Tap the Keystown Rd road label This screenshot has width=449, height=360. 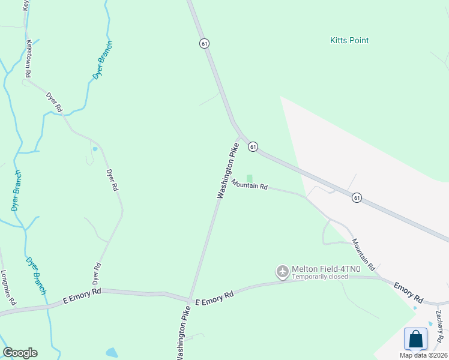28,58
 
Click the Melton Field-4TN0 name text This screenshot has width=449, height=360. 326,269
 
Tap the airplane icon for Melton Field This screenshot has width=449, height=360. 283,272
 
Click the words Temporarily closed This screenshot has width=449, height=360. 320,277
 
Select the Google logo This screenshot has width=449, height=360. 20,353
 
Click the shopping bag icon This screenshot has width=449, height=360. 415,339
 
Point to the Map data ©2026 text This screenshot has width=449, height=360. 423,355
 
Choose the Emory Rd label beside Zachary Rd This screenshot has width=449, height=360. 409,292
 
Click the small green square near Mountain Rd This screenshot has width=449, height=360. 250,178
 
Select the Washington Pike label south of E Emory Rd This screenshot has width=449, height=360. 184,333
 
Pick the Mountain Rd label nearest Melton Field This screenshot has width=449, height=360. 363,254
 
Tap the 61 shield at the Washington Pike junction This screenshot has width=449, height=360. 253,146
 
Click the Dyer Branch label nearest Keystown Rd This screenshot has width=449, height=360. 103,60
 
